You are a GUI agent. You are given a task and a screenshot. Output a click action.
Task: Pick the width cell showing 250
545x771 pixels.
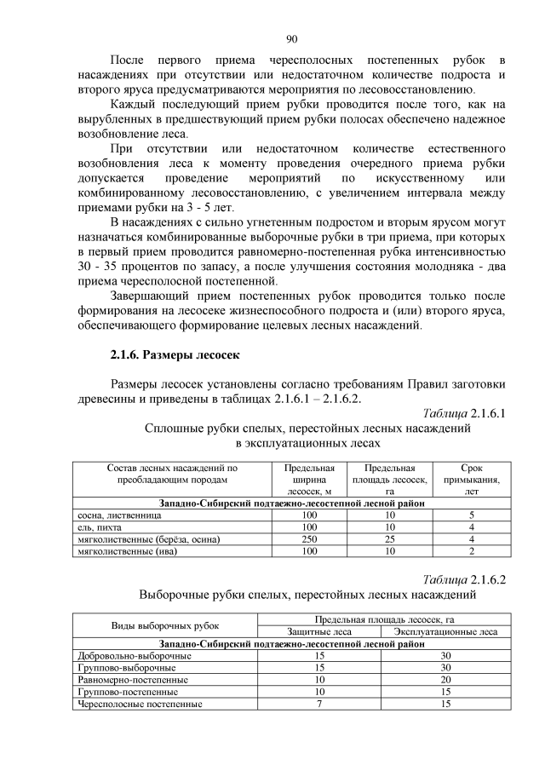point(309,539)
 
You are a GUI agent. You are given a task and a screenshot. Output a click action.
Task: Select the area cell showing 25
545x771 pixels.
point(389,539)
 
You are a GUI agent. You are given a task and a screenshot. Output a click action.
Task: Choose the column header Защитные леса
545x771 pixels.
point(318,632)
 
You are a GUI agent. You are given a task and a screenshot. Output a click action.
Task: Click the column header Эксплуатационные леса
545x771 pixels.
point(445,632)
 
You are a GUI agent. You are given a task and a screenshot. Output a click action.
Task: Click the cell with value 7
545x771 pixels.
point(318,705)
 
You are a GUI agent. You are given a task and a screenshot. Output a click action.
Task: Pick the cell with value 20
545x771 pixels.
point(445,681)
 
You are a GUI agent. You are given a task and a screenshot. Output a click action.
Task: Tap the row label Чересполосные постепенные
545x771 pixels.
point(139,705)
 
